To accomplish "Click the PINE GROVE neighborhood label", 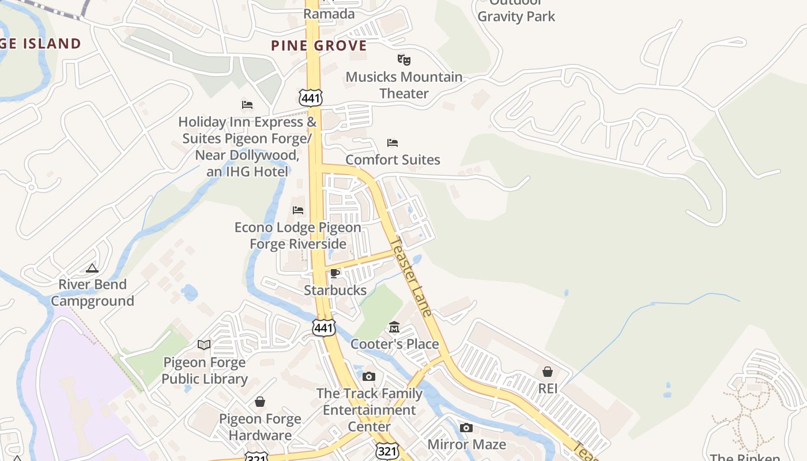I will pos(319,46).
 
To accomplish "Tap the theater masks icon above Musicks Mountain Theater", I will pos(404,59).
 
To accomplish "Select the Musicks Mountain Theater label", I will pos(404,85).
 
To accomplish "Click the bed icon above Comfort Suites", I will pos(393,142).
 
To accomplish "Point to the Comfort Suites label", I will pos(393,160).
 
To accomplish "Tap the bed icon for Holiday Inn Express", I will pos(247,104).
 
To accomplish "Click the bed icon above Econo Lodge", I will pos(298,210).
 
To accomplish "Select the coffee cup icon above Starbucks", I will pos(335,273).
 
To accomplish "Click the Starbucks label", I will pos(335,290).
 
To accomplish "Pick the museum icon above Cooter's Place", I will pos(394,327).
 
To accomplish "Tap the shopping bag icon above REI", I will pos(548,372).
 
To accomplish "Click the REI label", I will pos(548,388).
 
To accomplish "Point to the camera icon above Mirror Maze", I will pos(466,428).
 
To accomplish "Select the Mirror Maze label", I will pos(466,444).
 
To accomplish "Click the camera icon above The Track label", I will pos(369,377).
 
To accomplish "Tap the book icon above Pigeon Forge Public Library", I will pos(204,345).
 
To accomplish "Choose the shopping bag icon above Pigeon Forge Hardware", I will pos(260,401).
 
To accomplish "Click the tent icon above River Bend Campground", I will pos(92,268).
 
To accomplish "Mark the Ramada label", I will pos(329,13).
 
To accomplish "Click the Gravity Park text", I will pos(516,16).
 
